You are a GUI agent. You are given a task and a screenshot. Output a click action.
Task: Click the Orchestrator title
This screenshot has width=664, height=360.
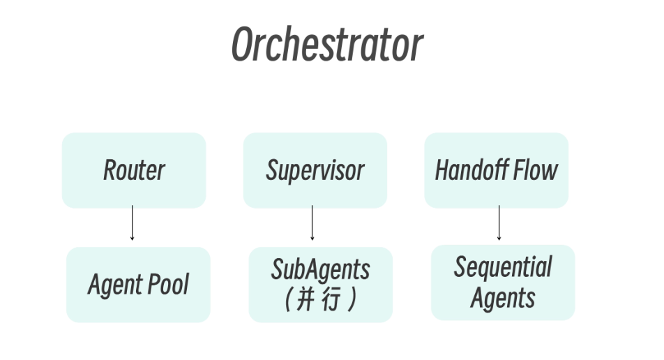pos(327,44)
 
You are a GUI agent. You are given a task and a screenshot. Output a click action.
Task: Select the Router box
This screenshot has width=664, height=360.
pos(134,170)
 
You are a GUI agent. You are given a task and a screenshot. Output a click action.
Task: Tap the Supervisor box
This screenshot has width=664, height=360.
pos(315,170)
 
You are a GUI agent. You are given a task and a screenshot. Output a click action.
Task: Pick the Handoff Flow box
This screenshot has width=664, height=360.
pos(497,170)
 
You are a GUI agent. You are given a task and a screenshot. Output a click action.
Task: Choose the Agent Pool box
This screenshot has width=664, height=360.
pos(138,285)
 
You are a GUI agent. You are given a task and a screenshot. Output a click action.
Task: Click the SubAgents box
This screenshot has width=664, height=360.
pos(321,285)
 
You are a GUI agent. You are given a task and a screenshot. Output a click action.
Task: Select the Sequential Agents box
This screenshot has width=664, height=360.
pos(503,283)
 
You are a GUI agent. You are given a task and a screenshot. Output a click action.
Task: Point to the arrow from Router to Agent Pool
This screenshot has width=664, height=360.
pos(132,223)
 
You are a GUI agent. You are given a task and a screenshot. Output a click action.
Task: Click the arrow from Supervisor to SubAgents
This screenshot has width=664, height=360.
pos(312,223)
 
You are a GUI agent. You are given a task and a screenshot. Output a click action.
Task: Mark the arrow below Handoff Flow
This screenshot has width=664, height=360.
pos(499,223)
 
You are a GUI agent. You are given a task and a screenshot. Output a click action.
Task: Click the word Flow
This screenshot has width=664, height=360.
pos(536,170)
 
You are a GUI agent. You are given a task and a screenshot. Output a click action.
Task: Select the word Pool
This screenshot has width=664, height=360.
pos(168,284)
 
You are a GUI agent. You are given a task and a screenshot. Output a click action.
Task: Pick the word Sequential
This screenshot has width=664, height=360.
pos(503,267)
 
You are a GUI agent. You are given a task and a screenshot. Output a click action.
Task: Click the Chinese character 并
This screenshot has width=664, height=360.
pos(305,299)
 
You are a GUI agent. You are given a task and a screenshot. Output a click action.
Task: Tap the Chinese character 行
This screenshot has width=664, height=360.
pos(331,299)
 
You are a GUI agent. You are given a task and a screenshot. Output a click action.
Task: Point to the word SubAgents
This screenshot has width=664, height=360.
pos(321,269)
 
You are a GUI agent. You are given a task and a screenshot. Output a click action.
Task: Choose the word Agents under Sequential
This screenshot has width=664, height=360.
pos(503,298)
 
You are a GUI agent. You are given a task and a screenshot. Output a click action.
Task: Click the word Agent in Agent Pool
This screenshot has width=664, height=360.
pos(115,285)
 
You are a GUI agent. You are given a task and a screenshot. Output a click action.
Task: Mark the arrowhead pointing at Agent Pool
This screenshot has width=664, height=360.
pos(132,239)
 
